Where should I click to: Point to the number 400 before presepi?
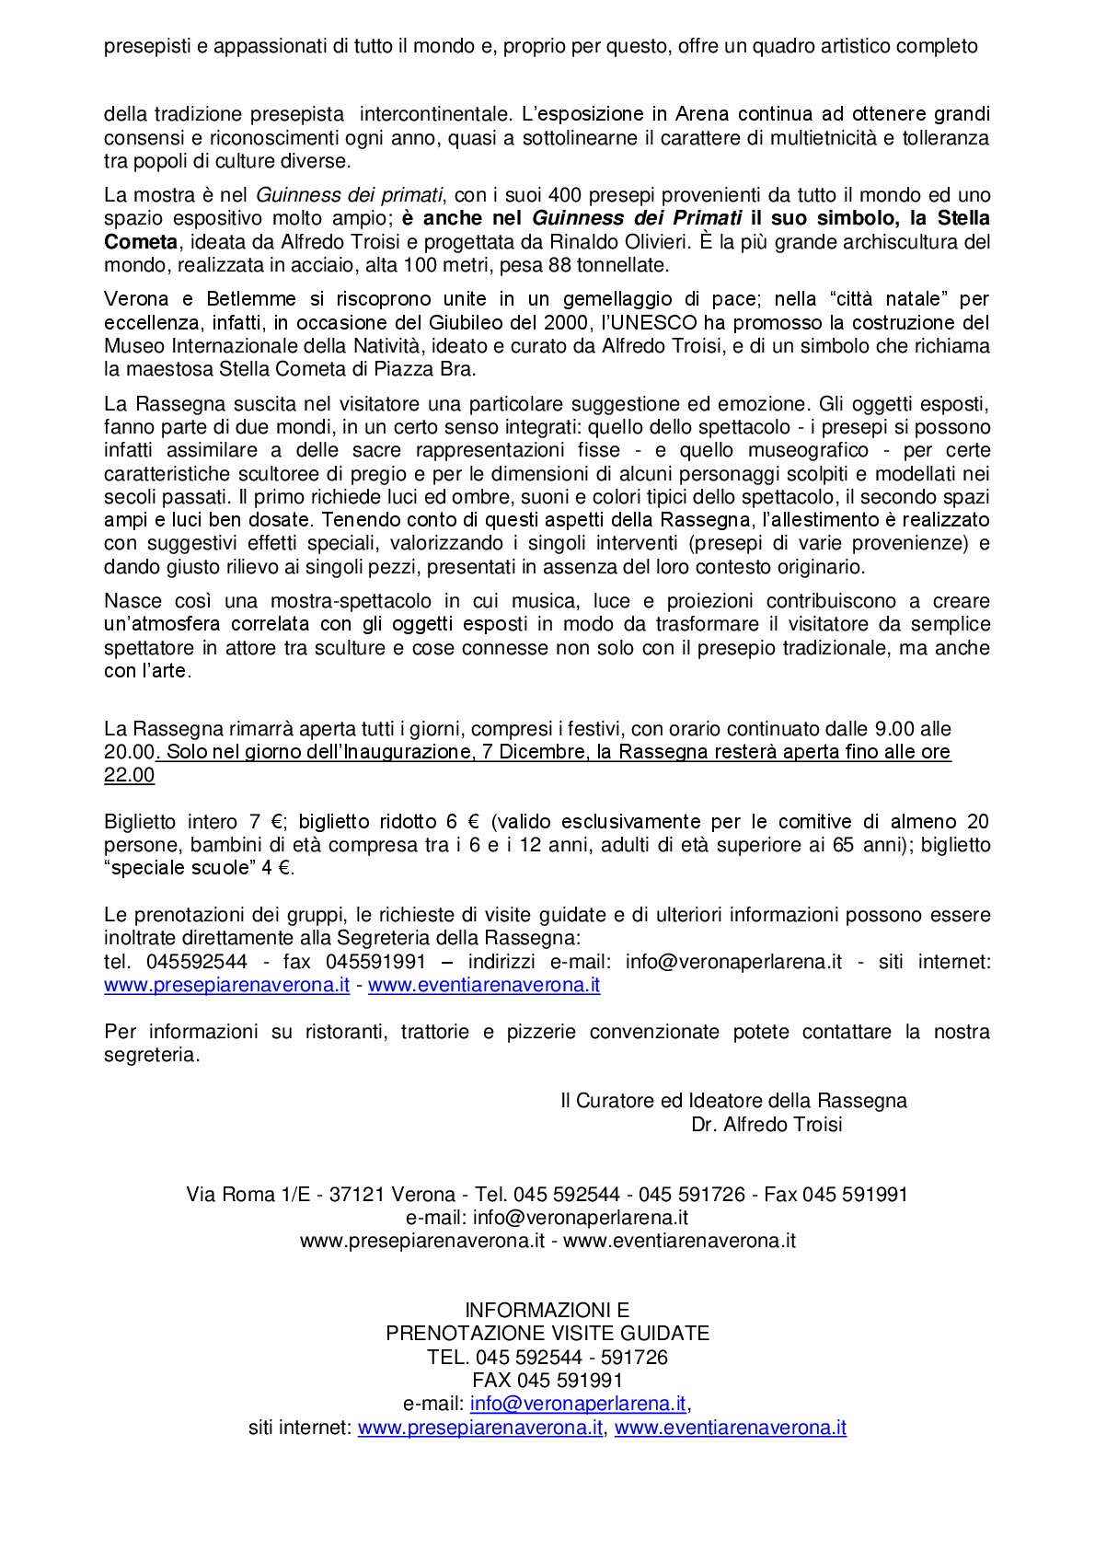pyautogui.click(x=563, y=195)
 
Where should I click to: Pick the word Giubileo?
pyautogui.click(x=466, y=323)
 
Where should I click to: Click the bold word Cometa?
pyautogui.click(x=140, y=242)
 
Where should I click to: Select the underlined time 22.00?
pyautogui.click(x=130, y=776)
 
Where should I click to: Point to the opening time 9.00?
pyautogui.click(x=894, y=729)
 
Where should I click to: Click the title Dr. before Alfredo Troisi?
pyautogui.click(x=704, y=1125)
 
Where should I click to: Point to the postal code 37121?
pyautogui.click(x=356, y=1195)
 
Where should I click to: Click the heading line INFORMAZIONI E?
pyautogui.click(x=547, y=1310)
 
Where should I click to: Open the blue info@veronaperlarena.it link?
pyautogui.click(x=578, y=1404)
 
